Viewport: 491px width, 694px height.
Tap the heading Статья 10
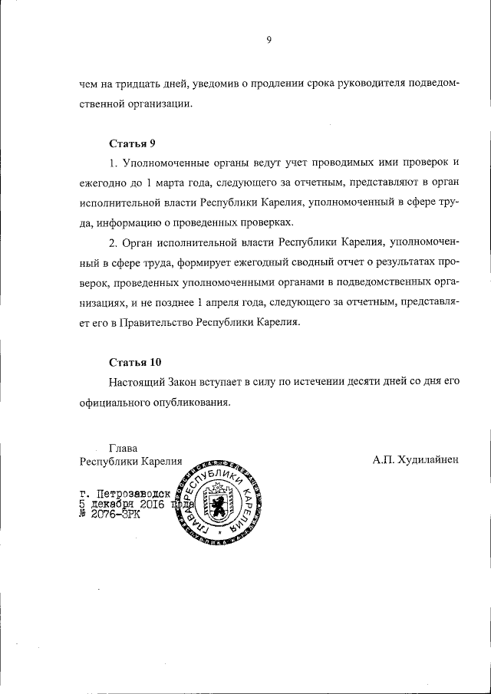136,361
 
